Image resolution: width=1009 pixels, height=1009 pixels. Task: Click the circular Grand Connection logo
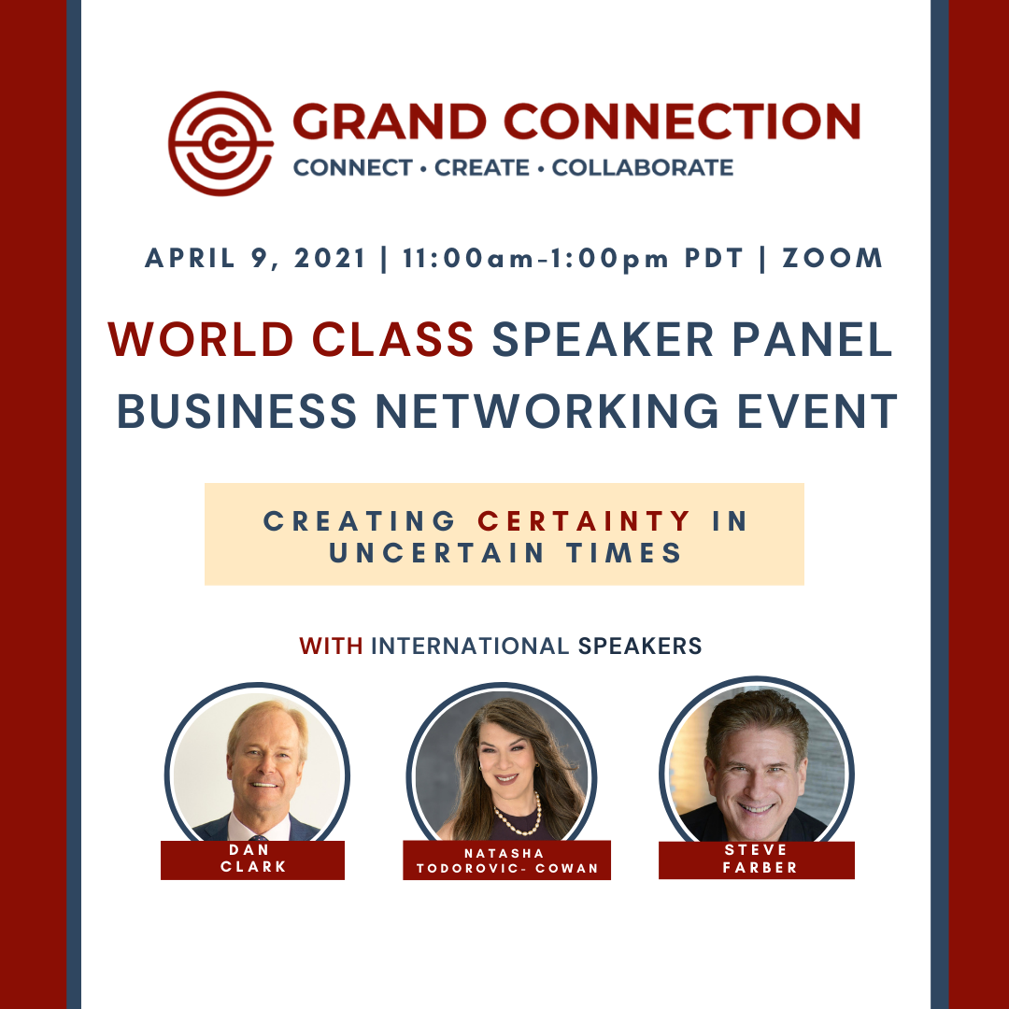pyautogui.click(x=220, y=144)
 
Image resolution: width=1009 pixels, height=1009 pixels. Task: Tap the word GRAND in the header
pyautogui.click(x=390, y=121)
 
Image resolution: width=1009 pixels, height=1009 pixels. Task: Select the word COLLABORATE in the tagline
pyautogui.click(x=642, y=168)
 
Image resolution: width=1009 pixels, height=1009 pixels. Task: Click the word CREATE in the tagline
pyautogui.click(x=482, y=168)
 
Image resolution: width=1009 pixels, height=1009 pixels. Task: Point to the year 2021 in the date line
pyautogui.click(x=330, y=258)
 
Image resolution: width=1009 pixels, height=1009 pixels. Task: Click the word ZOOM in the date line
pyautogui.click(x=832, y=258)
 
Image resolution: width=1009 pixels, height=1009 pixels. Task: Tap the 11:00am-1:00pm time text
pyautogui.click(x=535, y=259)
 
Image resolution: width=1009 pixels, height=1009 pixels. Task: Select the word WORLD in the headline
pyautogui.click(x=201, y=339)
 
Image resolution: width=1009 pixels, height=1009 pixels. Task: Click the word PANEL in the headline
pyautogui.click(x=812, y=339)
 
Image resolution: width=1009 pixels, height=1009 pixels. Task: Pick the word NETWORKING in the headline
pyautogui.click(x=547, y=410)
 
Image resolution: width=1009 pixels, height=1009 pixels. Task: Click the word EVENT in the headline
pyautogui.click(x=817, y=410)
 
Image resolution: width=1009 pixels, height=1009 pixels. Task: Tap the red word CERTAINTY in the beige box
pyautogui.click(x=584, y=521)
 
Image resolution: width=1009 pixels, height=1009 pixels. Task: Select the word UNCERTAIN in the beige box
pyautogui.click(x=437, y=553)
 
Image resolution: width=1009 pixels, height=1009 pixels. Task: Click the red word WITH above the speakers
pyautogui.click(x=331, y=647)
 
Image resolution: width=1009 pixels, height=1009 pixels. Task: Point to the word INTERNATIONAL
pyautogui.click(x=470, y=647)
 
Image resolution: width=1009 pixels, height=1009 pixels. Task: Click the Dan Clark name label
pyautogui.click(x=253, y=860)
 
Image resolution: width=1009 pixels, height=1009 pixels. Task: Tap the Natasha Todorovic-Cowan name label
pyautogui.click(x=507, y=860)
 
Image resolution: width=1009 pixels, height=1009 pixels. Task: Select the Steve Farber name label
pyautogui.click(x=757, y=860)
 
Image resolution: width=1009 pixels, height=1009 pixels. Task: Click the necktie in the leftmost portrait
pyautogui.click(x=258, y=837)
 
